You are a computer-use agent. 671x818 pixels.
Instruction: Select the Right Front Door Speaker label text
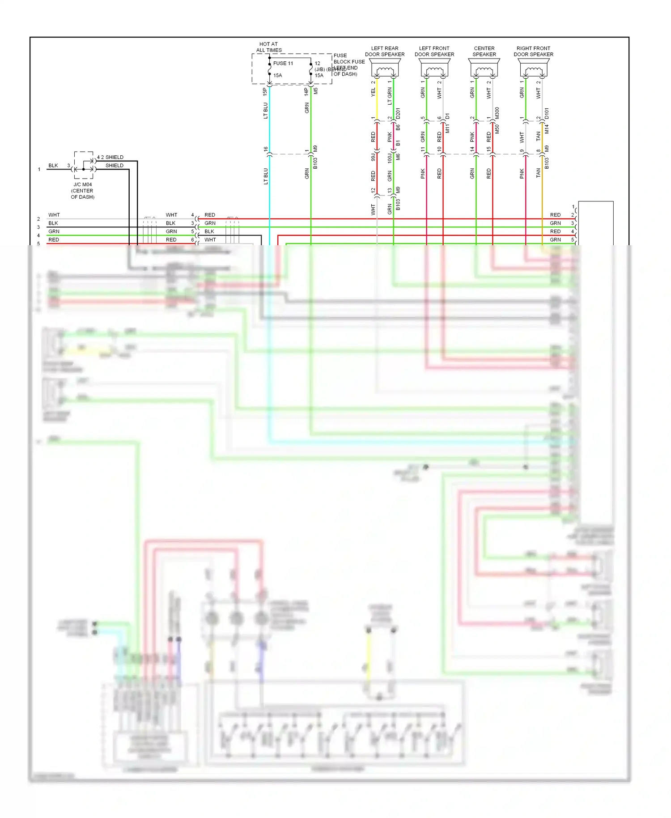coord(533,51)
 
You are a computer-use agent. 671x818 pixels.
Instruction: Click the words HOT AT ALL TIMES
coord(268,47)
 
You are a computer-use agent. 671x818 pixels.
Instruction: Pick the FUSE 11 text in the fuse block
coord(283,64)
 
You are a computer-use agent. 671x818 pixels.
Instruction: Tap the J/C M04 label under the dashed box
coord(83,184)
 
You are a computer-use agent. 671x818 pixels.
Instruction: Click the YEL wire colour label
coord(374,92)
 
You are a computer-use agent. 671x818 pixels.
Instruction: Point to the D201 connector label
coord(398,113)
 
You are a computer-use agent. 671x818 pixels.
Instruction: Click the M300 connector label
coord(497,113)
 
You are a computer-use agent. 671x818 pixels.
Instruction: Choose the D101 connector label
coord(547,113)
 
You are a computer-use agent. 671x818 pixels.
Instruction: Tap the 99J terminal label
coord(373,157)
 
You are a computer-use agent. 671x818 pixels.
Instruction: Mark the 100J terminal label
coord(390,157)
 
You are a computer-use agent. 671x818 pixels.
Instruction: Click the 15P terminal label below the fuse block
coord(265,92)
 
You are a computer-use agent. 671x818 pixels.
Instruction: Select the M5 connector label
coord(316,91)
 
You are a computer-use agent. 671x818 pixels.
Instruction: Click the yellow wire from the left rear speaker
coord(377,101)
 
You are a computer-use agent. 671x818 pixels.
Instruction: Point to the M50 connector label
coord(497,129)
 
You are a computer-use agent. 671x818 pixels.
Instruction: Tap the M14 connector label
coord(547,129)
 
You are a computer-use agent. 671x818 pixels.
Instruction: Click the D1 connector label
coord(447,116)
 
